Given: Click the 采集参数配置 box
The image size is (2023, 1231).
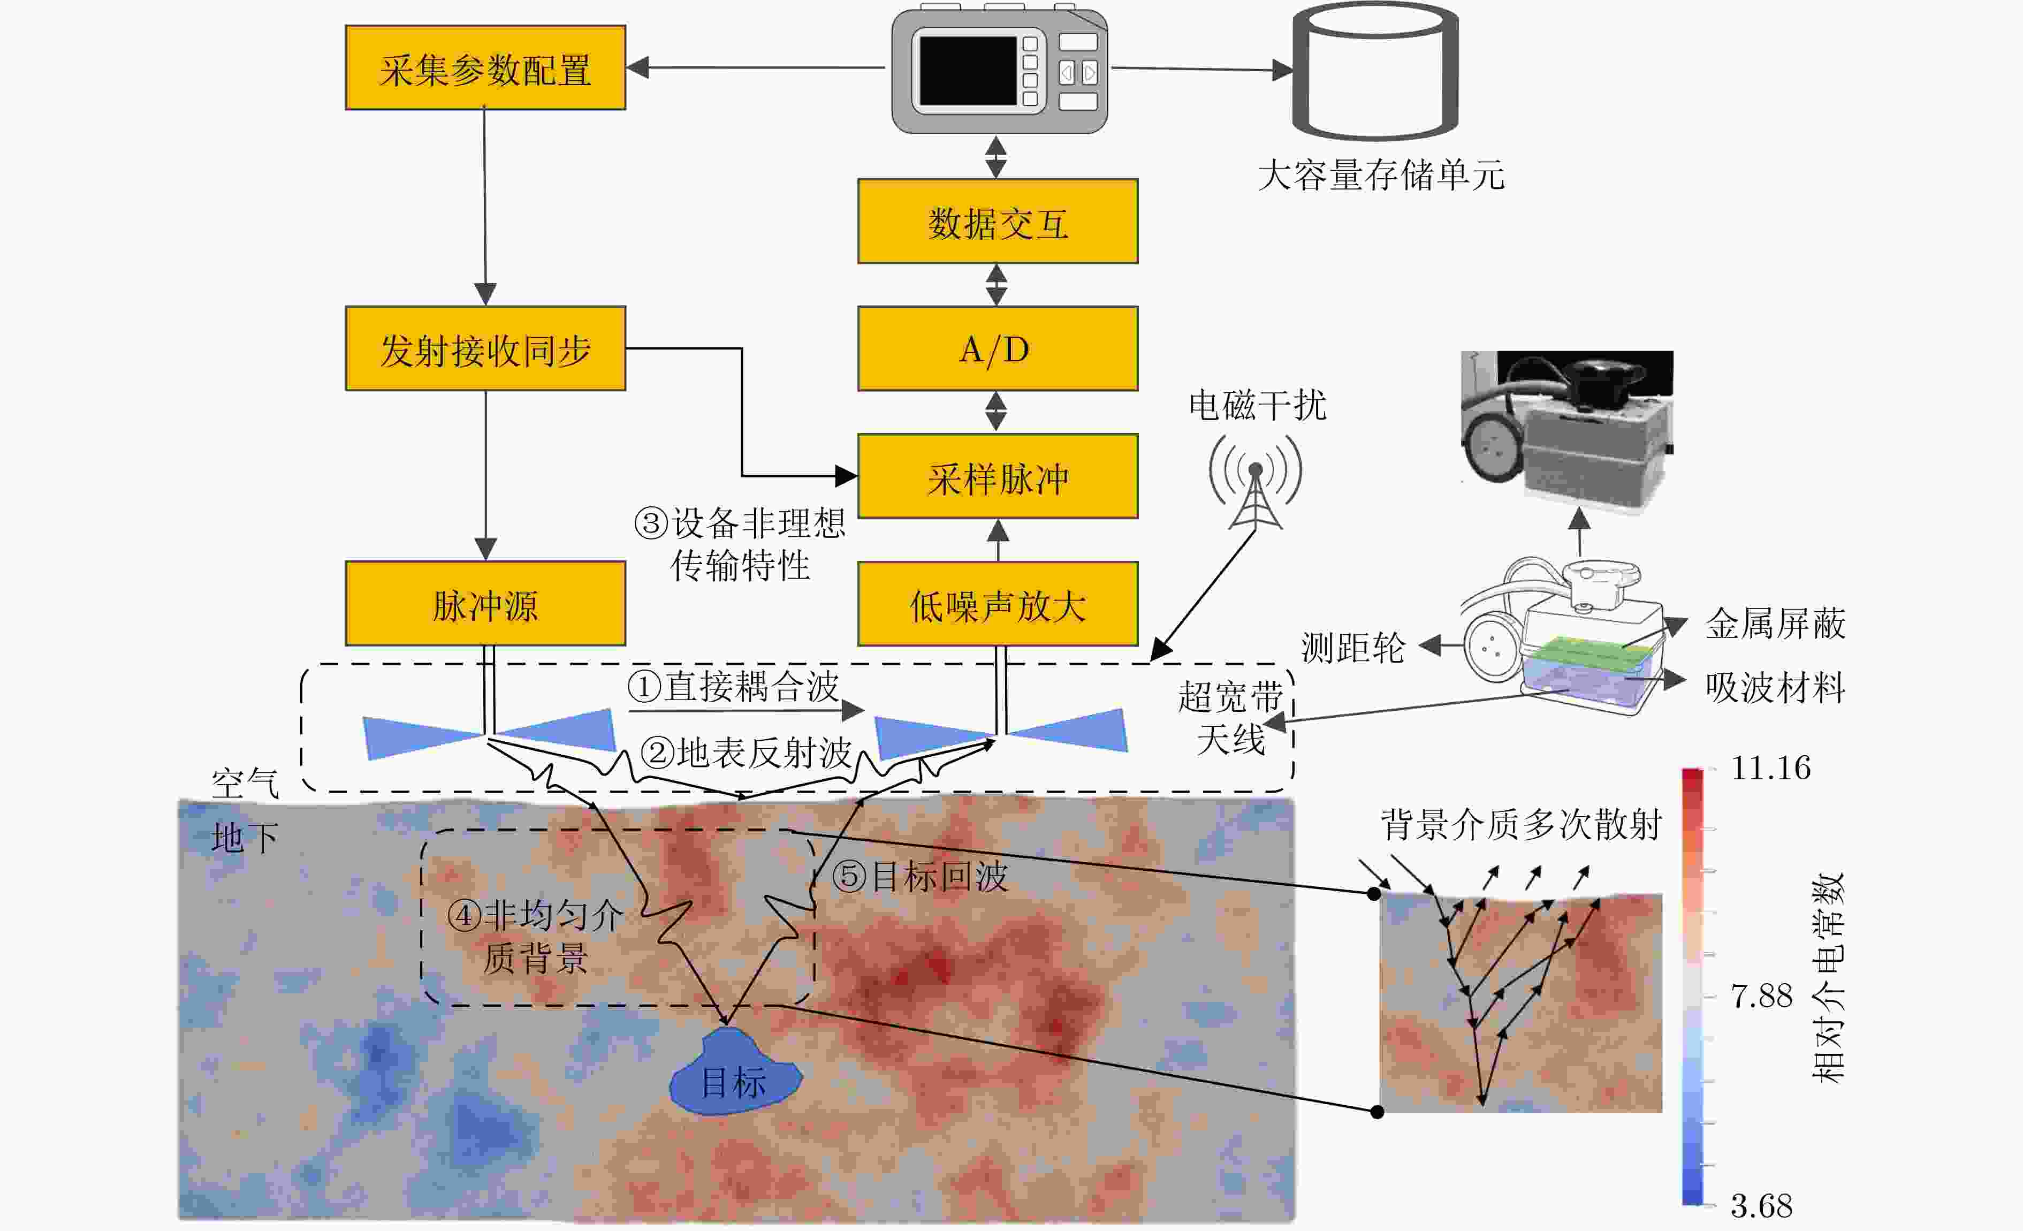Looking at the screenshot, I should tap(485, 68).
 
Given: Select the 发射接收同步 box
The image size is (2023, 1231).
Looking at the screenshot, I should tap(485, 349).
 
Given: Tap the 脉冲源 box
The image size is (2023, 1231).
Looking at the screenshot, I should tap(485, 604).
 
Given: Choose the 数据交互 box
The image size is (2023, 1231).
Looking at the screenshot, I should tap(998, 222).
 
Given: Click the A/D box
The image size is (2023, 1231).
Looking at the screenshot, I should tap(998, 349).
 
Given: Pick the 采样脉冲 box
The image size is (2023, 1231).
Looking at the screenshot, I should tap(998, 477).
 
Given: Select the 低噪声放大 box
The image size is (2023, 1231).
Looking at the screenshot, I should tap(998, 604).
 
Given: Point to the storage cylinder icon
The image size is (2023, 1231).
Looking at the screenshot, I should tap(1375, 72).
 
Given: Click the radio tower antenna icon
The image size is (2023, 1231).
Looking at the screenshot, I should tap(1256, 484).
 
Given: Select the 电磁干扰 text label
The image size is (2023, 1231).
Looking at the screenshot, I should tap(1257, 405).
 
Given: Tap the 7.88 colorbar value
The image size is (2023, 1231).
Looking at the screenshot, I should tap(1761, 996).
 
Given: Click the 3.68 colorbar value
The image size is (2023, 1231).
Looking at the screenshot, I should tap(1761, 1205).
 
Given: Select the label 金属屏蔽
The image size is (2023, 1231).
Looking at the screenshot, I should tap(1775, 624).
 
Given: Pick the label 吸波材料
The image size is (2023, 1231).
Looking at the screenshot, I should tap(1775, 687).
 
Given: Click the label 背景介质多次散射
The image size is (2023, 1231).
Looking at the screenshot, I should tap(1520, 824).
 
